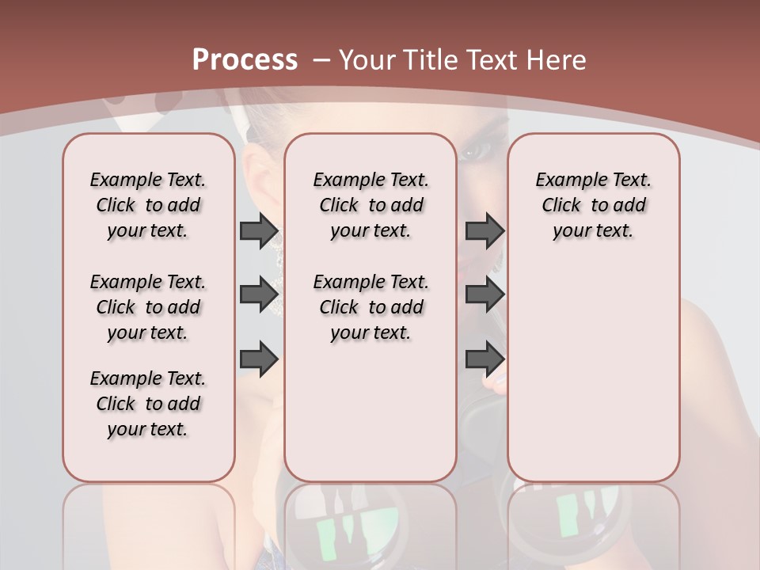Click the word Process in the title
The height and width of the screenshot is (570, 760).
(x=245, y=60)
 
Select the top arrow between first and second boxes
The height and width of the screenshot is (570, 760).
(x=259, y=231)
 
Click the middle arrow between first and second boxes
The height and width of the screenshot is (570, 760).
(x=259, y=294)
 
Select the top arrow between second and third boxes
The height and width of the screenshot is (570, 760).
(x=484, y=231)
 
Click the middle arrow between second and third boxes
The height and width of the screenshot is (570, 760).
(x=484, y=294)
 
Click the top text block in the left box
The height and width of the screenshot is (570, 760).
(x=148, y=205)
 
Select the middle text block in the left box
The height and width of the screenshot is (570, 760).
(x=148, y=307)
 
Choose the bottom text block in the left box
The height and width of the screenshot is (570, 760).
(x=148, y=404)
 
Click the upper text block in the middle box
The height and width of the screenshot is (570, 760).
(x=370, y=205)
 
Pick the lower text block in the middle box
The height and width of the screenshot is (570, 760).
(x=370, y=307)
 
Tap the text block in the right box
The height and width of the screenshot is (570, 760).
(x=593, y=205)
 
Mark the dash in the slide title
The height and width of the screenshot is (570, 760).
(x=321, y=60)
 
